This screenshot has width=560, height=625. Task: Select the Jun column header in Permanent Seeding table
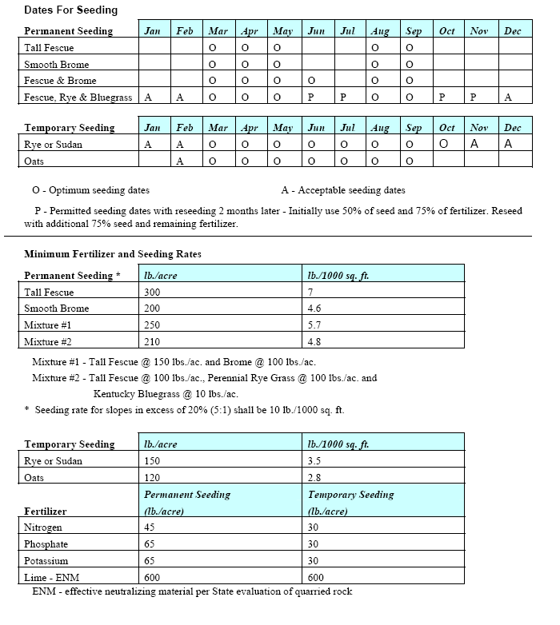pos(316,31)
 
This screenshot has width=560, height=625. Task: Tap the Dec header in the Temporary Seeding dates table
pos(512,128)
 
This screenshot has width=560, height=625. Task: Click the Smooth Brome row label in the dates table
pos(56,65)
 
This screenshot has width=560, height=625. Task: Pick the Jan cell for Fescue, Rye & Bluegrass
pos(148,98)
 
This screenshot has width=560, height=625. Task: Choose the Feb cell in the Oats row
pos(180,161)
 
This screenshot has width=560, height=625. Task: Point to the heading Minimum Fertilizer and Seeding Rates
pos(113,254)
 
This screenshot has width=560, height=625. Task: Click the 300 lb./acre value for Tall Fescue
pos(153,293)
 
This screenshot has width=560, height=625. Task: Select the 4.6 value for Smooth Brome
pos(314,309)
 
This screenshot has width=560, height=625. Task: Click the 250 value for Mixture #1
pos(153,325)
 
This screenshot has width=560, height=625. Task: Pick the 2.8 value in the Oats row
pos(314,477)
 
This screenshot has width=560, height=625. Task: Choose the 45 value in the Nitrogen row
pos(150,527)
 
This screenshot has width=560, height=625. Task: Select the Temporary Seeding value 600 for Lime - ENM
pos(316,578)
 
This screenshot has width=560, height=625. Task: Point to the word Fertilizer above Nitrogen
pos(46,511)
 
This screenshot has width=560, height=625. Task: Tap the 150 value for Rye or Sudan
pos(152,461)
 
